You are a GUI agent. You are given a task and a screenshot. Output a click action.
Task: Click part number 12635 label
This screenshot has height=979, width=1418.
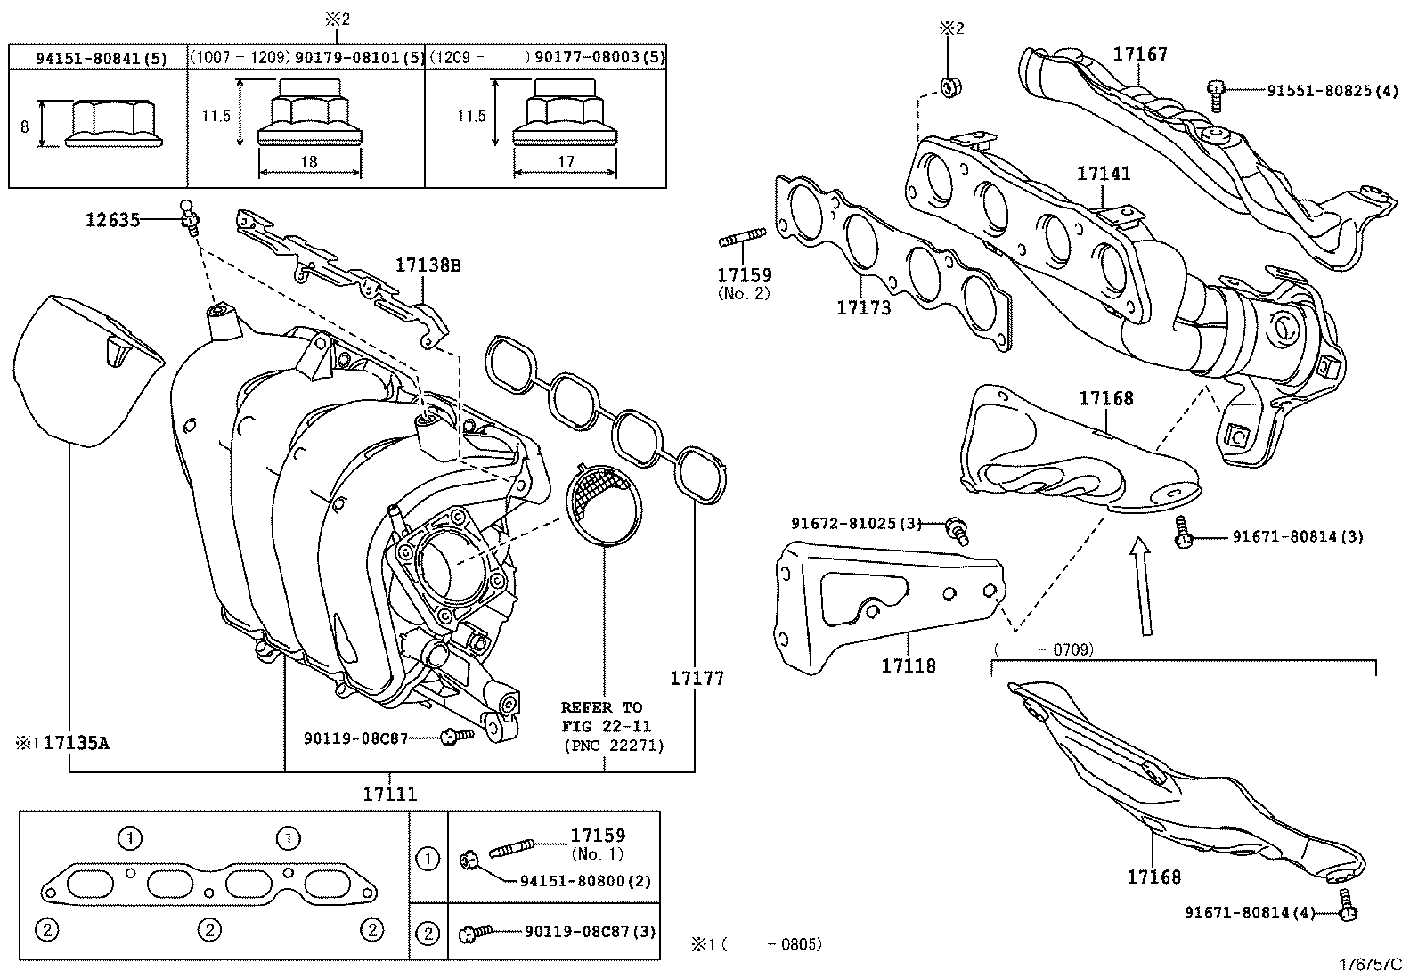(x=113, y=220)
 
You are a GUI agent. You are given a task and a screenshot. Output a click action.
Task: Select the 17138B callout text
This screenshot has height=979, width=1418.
(x=428, y=265)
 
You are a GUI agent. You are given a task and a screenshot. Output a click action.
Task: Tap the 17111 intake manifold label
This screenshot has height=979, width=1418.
(x=390, y=794)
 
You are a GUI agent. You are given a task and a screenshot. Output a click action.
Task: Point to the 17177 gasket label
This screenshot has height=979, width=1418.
(x=697, y=678)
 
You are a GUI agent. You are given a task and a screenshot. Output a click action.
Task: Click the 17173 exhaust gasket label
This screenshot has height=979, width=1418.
(x=863, y=307)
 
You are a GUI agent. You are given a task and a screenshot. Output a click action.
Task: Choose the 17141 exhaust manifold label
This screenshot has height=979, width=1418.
(x=1104, y=173)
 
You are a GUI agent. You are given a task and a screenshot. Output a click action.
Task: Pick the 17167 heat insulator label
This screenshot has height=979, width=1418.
(x=1140, y=53)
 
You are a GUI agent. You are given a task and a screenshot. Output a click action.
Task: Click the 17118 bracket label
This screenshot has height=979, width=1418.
(x=909, y=665)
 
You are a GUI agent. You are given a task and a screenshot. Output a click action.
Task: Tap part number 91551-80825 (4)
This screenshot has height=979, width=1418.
(x=1332, y=91)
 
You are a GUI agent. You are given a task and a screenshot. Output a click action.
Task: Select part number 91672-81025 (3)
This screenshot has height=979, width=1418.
(x=857, y=523)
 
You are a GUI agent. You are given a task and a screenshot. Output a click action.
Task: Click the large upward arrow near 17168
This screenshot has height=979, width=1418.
(x=1143, y=586)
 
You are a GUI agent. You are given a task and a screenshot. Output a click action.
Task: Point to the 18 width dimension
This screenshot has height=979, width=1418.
(x=309, y=161)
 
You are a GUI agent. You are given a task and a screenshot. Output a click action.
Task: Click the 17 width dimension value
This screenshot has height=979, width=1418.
(x=566, y=162)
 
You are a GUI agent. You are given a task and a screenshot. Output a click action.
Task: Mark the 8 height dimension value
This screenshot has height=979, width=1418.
(x=25, y=126)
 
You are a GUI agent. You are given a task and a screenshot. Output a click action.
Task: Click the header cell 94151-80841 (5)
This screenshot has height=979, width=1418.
(x=102, y=58)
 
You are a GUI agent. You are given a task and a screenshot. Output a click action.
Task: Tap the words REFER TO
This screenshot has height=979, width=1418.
(x=601, y=707)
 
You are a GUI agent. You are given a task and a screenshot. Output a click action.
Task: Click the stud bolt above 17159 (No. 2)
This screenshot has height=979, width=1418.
(x=743, y=238)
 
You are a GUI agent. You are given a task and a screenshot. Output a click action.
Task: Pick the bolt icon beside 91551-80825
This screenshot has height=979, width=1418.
(x=1215, y=95)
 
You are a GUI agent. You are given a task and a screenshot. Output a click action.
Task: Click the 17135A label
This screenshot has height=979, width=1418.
(x=76, y=742)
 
